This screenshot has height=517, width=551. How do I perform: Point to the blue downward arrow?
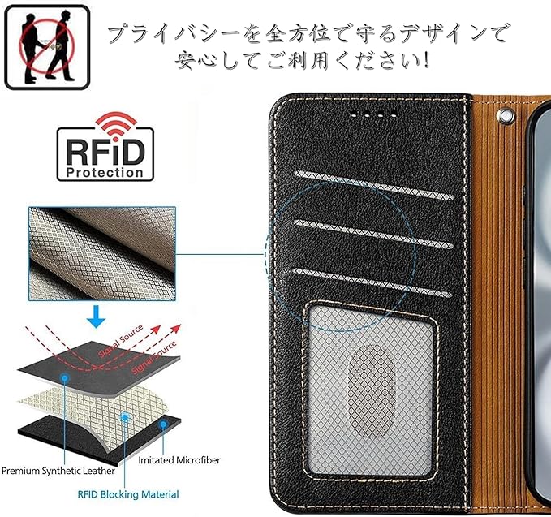(97, 317)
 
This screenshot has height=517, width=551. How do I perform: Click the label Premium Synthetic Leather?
(58, 470)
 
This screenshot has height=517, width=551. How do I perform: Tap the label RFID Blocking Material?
(128, 493)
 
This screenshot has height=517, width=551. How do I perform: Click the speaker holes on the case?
(376, 114)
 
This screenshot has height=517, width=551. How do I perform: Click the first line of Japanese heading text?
(308, 34)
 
